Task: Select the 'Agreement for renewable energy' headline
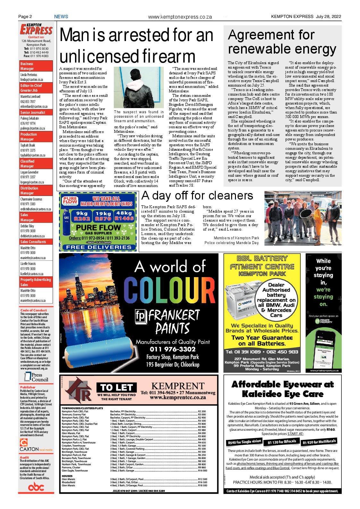pyautogui.click(x=282, y=42)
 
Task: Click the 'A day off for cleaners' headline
pyautogui.click(x=197, y=195)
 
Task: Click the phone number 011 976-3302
pyautogui.click(x=173, y=349)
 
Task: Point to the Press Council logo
pyautogui.click(x=36, y=378)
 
